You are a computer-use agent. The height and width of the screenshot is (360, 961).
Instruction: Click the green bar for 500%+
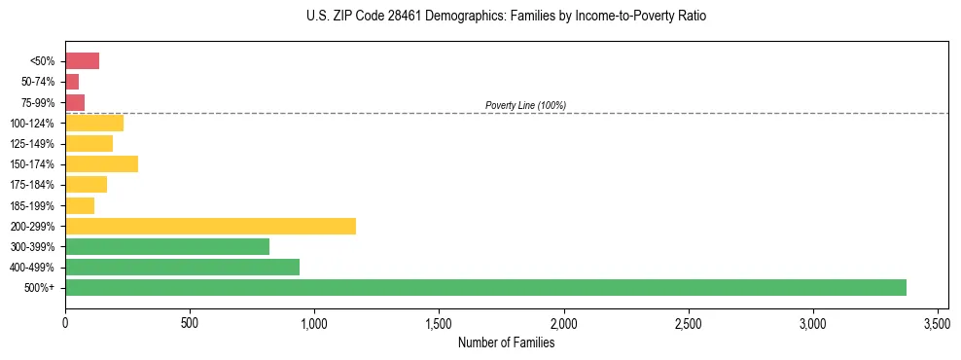[x=485, y=287]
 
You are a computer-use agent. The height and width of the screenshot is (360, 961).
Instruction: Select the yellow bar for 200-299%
[x=210, y=226]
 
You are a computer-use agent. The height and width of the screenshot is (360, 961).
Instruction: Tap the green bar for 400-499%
[x=182, y=267]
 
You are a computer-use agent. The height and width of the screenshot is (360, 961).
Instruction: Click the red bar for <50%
[x=82, y=61]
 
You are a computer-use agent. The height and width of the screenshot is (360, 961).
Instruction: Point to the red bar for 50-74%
[x=72, y=82]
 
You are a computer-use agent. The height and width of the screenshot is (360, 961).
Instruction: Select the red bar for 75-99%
[x=75, y=102]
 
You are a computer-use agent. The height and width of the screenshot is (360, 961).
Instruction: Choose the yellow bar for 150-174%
[x=101, y=163]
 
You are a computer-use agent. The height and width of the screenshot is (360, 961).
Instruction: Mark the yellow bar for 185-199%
[x=80, y=205]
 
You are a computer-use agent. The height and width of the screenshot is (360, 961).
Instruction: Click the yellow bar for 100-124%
[x=94, y=123]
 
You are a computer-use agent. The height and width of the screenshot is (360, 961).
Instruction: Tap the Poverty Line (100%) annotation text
[x=525, y=105]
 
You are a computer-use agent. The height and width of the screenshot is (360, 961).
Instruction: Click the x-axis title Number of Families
[x=506, y=342]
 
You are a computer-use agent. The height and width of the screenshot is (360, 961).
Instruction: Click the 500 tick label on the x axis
[x=190, y=322]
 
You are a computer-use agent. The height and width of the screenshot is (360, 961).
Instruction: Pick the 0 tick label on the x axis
[x=65, y=322]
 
